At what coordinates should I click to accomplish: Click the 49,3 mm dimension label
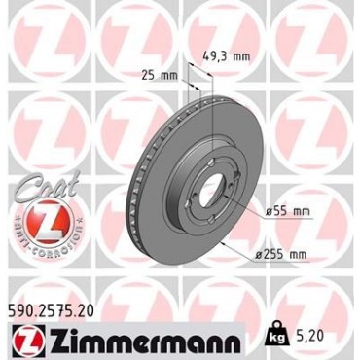(226, 56)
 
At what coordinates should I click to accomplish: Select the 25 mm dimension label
(160, 76)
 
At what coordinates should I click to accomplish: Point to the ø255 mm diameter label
(281, 254)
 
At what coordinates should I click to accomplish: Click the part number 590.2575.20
(51, 311)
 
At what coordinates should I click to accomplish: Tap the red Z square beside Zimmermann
(29, 341)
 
